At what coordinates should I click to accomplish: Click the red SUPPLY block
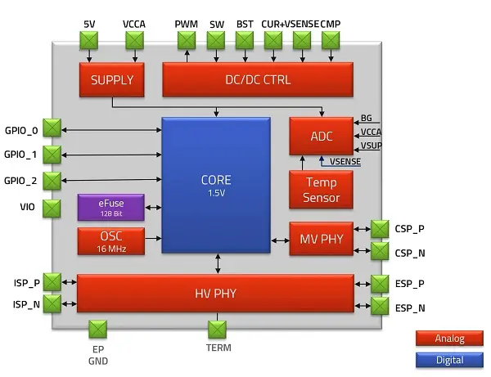click(112, 79)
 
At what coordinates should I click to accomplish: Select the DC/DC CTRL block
click(258, 79)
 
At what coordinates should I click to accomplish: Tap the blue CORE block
click(217, 185)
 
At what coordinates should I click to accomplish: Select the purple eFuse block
click(111, 208)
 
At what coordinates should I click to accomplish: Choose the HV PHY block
click(217, 294)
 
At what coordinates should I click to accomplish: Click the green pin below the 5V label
click(89, 39)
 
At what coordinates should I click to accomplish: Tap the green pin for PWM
click(187, 39)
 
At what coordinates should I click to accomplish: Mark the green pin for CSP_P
click(381, 229)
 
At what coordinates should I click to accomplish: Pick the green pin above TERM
click(217, 330)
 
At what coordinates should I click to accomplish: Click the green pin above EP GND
click(98, 330)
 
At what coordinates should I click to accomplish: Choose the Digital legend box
click(449, 360)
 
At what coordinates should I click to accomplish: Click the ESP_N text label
click(410, 308)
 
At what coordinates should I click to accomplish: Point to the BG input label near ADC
click(367, 119)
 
